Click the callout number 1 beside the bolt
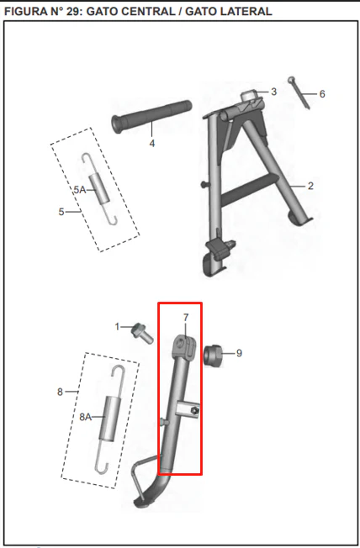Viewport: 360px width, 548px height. click(x=117, y=327)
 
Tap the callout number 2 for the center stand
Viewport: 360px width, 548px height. click(x=310, y=186)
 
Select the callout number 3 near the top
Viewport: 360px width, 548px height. click(x=273, y=92)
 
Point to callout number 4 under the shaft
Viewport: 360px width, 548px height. click(x=152, y=143)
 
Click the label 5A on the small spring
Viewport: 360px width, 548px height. click(x=80, y=190)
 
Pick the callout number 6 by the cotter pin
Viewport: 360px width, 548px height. click(x=322, y=94)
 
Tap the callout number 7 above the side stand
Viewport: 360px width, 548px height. click(x=186, y=318)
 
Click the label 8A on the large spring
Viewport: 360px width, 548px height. click(x=85, y=417)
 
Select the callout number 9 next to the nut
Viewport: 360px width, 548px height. click(x=239, y=353)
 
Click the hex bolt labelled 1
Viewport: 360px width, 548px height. click(x=142, y=333)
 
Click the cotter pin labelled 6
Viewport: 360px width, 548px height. click(x=299, y=92)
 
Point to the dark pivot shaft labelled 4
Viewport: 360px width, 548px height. click(x=151, y=116)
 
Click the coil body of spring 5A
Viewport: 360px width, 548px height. click(x=99, y=189)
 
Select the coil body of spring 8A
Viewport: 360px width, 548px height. click(x=110, y=419)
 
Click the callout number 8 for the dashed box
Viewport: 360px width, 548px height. click(x=61, y=393)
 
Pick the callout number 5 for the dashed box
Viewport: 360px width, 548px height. click(x=61, y=212)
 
